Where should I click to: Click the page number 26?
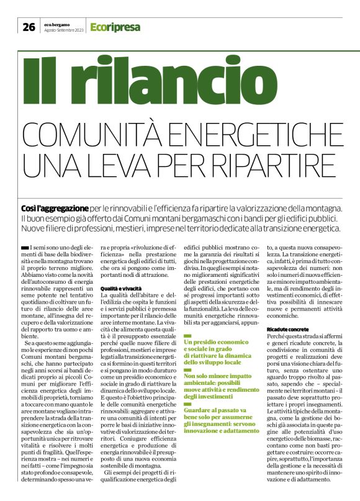[x=29, y=26]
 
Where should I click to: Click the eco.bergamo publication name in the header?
[x=57, y=24]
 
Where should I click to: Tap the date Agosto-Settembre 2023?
[x=65, y=30]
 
